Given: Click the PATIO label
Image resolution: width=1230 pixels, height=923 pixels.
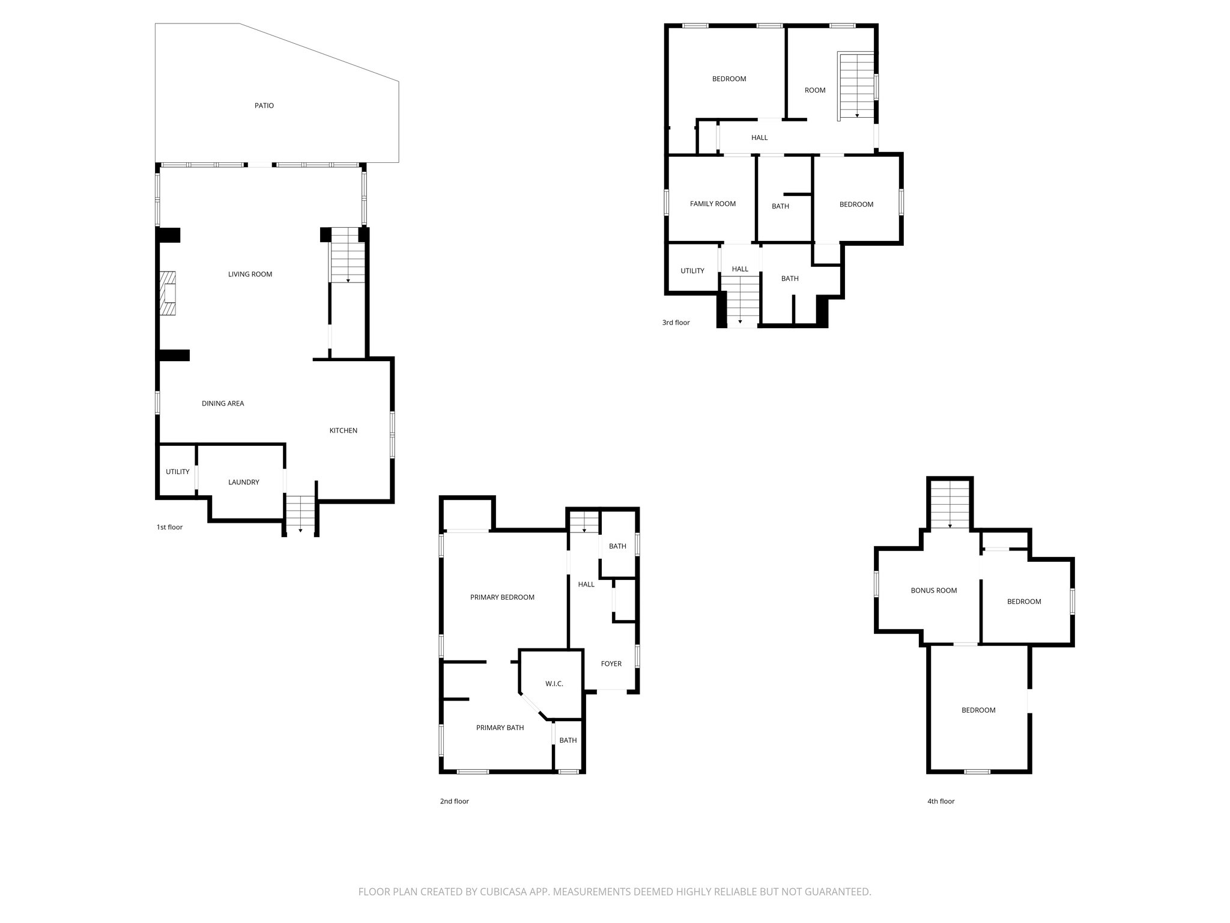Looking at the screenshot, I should click(264, 106).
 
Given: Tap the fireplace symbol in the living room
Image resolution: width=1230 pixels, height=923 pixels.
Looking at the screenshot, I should click(168, 293).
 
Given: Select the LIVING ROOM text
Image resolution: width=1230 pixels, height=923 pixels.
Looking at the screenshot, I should click(250, 275).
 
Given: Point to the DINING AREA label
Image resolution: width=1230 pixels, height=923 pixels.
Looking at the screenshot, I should click(223, 404).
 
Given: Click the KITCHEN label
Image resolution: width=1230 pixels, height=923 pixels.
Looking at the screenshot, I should click(343, 431).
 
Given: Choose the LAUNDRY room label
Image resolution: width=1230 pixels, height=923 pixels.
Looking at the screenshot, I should click(243, 483).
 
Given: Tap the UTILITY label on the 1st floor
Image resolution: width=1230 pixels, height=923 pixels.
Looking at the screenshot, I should click(177, 472).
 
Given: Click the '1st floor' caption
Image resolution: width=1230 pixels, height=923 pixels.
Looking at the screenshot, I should click(169, 528).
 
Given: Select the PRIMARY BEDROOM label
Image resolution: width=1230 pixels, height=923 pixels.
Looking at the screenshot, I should click(502, 597).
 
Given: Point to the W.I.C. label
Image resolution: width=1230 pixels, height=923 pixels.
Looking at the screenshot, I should click(554, 684).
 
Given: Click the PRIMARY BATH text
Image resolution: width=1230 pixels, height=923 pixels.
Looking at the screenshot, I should click(500, 728).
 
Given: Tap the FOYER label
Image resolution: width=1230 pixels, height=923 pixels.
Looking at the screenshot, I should click(611, 664).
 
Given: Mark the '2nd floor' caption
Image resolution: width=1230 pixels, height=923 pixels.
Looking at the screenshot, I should click(454, 802).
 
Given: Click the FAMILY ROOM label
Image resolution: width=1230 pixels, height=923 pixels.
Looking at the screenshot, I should click(712, 204).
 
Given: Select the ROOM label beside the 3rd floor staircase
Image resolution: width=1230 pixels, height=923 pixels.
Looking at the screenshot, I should click(814, 91).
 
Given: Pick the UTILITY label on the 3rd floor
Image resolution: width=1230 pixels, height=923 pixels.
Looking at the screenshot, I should click(692, 271).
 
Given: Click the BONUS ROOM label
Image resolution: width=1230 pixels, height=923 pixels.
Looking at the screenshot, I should click(933, 591).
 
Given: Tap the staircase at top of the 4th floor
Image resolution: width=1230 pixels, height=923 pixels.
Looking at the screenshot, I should click(950, 505).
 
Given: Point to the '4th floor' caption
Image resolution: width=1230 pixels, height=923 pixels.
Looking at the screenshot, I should click(941, 802).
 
